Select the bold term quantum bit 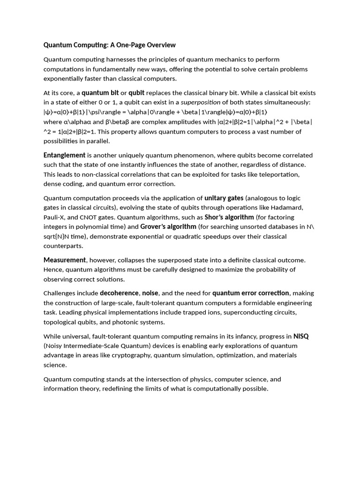[x=100, y=93]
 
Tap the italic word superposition [x=201, y=102]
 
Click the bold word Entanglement [x=64, y=155]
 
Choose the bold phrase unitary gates [x=224, y=198]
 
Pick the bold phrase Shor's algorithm [x=229, y=217]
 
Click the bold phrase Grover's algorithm [x=168, y=227]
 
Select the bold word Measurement [x=65, y=260]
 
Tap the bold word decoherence [x=119, y=293]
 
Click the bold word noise [x=150, y=293]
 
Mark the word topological [x=60, y=322]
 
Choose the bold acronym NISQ [x=301, y=336]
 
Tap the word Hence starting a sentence [x=53, y=270]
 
